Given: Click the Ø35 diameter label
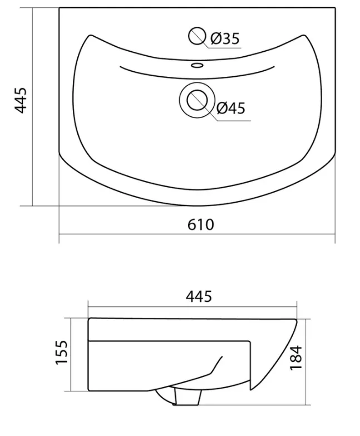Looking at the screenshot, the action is pyautogui.click(x=225, y=38).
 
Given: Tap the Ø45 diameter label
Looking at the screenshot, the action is pyautogui.click(x=230, y=108).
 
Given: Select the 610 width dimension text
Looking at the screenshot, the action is pyautogui.click(x=200, y=224).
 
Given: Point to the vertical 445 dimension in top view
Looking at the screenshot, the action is pyautogui.click(x=21, y=100).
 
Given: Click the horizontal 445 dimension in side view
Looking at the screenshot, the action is pyautogui.click(x=199, y=296).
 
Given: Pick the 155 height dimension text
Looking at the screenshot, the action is pyautogui.click(x=61, y=352).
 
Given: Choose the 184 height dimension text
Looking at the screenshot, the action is pyautogui.click(x=295, y=357).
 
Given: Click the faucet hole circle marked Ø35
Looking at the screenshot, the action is pyautogui.click(x=197, y=36).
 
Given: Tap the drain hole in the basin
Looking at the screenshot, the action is pyautogui.click(x=197, y=100).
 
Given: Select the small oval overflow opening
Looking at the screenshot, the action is pyautogui.click(x=197, y=66).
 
